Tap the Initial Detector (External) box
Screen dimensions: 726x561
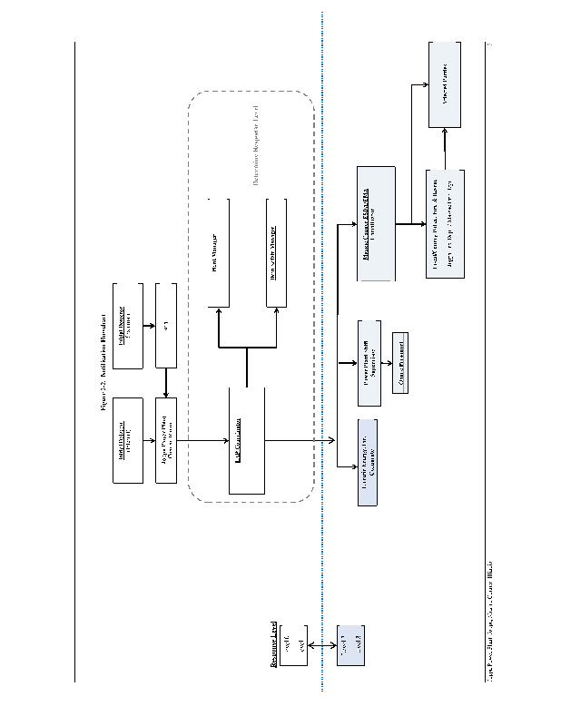point(128,327)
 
